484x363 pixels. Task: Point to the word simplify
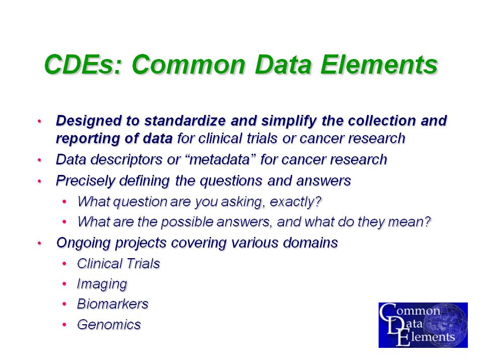(x=289, y=120)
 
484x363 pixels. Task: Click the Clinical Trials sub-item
(x=118, y=264)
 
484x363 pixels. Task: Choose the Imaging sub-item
(x=102, y=284)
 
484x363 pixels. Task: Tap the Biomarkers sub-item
(x=112, y=304)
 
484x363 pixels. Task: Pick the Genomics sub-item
(x=109, y=325)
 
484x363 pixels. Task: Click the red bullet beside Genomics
(x=64, y=325)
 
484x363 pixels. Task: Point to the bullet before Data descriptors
(x=39, y=160)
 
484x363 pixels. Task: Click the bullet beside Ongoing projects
(x=39, y=243)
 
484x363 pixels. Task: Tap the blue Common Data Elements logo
(x=423, y=325)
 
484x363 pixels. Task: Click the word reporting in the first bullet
(x=88, y=139)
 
